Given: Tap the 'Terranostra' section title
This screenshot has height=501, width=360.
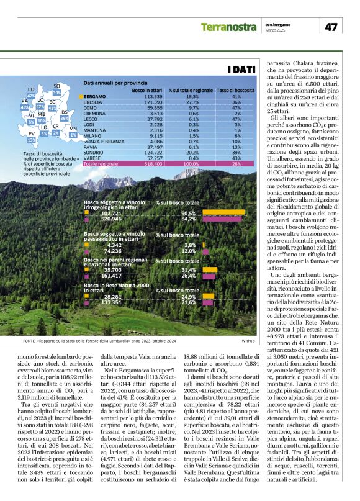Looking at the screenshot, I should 228,27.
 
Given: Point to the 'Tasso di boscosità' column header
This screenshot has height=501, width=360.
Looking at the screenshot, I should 235,91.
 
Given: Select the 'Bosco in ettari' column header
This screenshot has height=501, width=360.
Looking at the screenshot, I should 148,91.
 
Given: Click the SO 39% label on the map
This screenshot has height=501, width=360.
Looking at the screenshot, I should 56,89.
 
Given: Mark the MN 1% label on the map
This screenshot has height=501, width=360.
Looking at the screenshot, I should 73,131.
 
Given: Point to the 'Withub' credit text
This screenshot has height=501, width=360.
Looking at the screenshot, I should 248,341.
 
